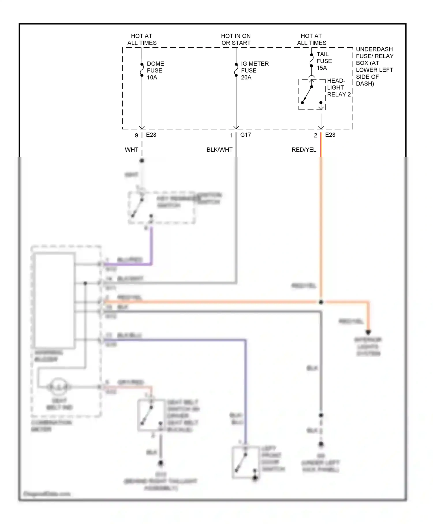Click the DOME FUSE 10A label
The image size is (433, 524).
[x=155, y=70]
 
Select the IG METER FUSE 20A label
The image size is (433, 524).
[x=254, y=70]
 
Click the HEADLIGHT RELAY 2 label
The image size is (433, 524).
[x=338, y=88]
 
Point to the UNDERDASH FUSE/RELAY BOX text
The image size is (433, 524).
[x=374, y=66]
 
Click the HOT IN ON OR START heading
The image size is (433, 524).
[x=236, y=39]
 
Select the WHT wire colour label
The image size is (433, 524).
[x=131, y=150]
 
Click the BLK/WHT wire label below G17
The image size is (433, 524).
[x=219, y=150]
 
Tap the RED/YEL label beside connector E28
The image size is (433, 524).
[x=304, y=150]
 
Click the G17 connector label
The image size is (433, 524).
[x=245, y=135]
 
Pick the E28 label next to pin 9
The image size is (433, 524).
[x=151, y=135]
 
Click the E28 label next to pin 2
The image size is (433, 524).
[x=330, y=135]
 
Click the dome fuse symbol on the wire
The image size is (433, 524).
[x=142, y=70]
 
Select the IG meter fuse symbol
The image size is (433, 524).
[x=236, y=70]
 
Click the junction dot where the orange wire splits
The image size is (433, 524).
[x=321, y=302]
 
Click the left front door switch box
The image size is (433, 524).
[x=245, y=462]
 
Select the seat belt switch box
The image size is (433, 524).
[x=151, y=415]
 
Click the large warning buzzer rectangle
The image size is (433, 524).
[x=55, y=300]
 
